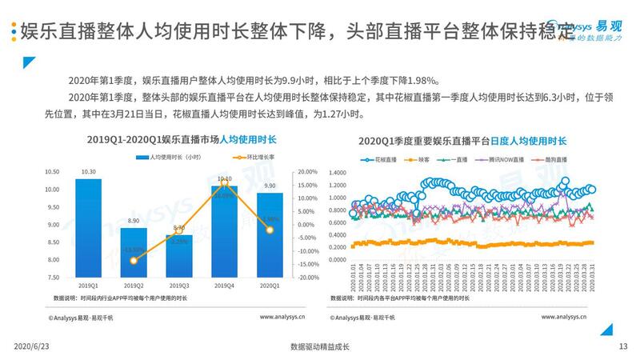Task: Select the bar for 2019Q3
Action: point(178,256)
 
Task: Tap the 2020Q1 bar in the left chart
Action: point(270,235)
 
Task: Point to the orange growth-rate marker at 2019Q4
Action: point(225,180)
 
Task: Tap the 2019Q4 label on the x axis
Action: point(225,286)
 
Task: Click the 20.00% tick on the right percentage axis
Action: point(307,172)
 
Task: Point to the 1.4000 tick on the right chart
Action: point(338,172)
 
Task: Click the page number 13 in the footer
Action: point(623,346)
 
